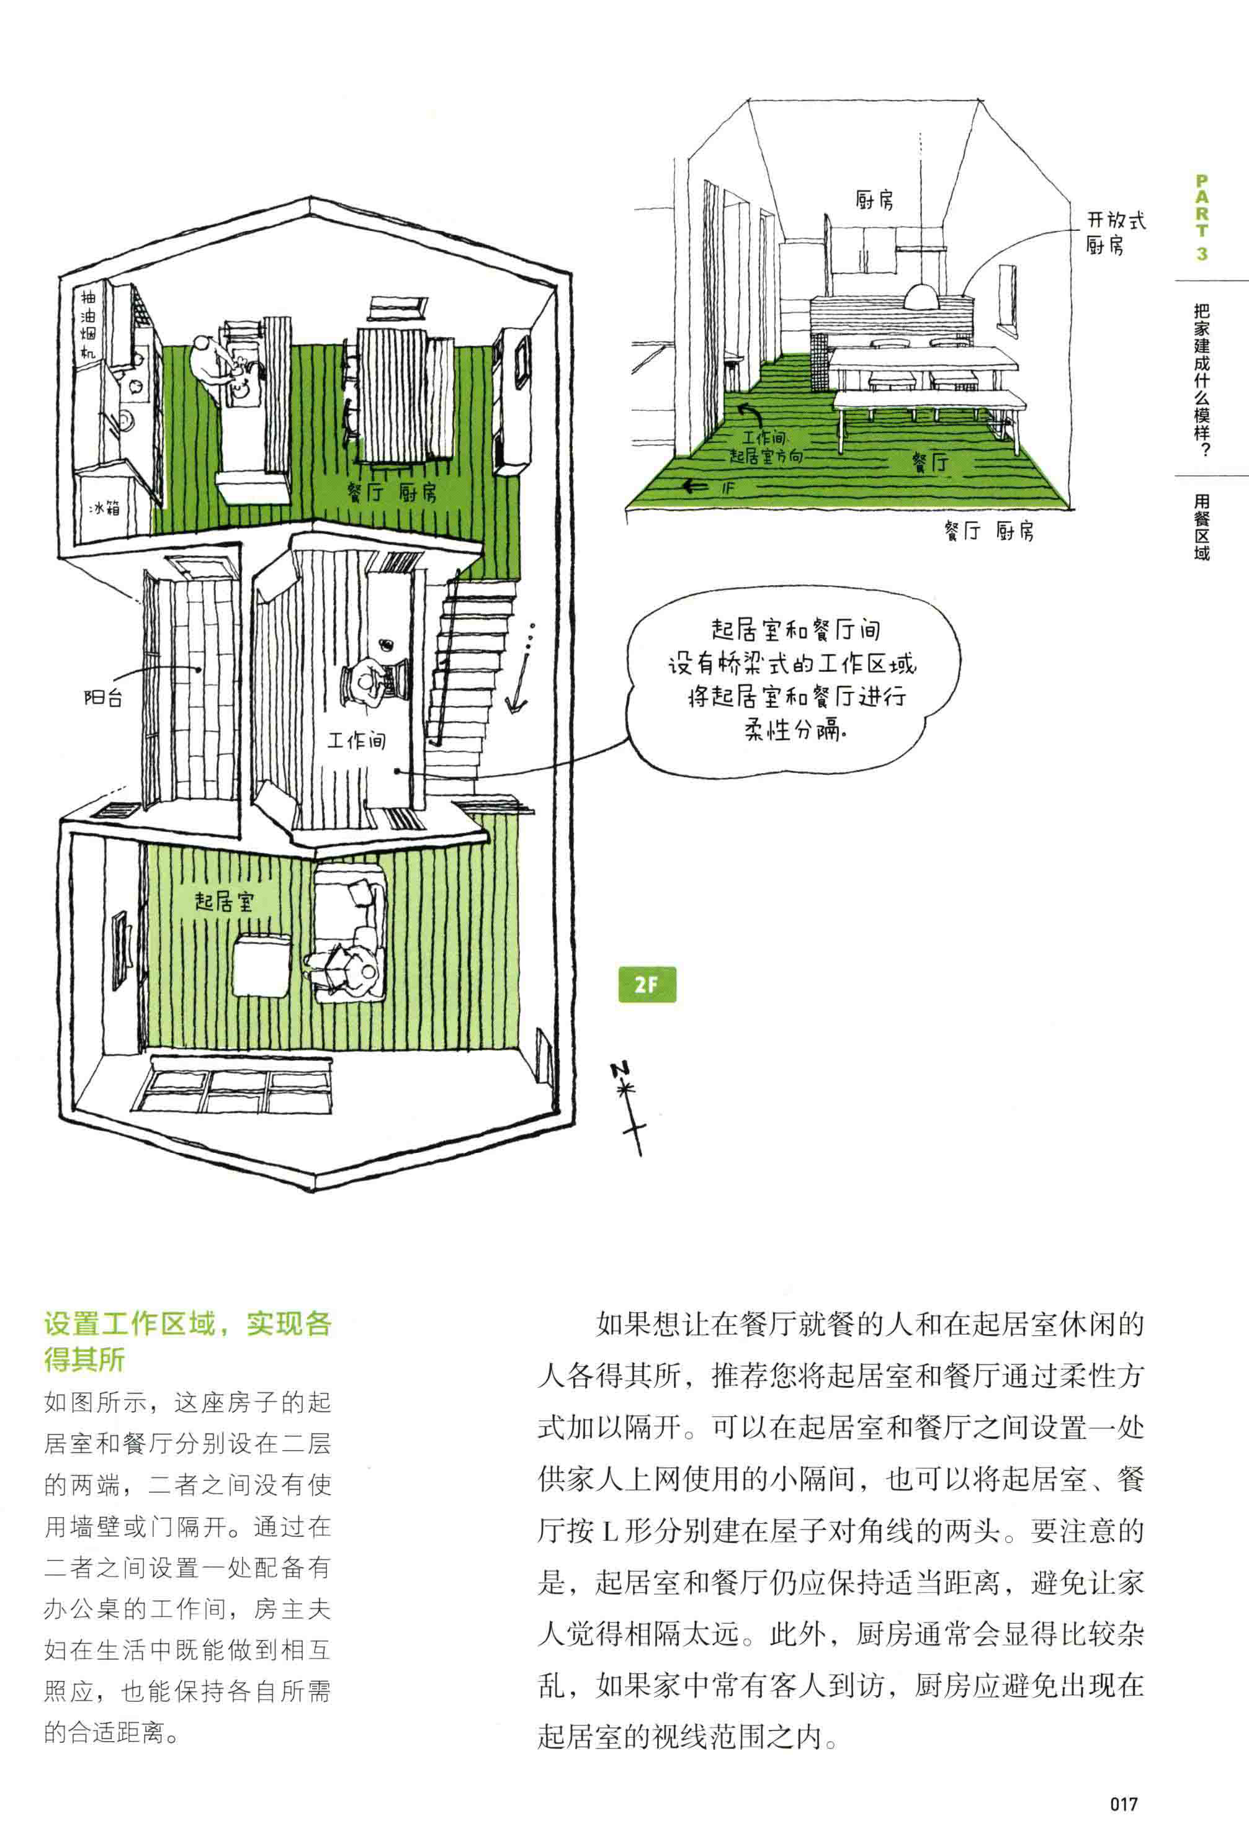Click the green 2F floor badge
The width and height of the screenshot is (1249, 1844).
[647, 985]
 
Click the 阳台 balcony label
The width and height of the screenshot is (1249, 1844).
[103, 698]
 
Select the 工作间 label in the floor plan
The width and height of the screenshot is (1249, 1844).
[356, 740]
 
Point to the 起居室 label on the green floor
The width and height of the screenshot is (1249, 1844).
[224, 902]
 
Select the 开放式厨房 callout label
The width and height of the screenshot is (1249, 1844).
[1115, 233]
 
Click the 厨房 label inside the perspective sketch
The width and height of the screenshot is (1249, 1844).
[874, 200]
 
